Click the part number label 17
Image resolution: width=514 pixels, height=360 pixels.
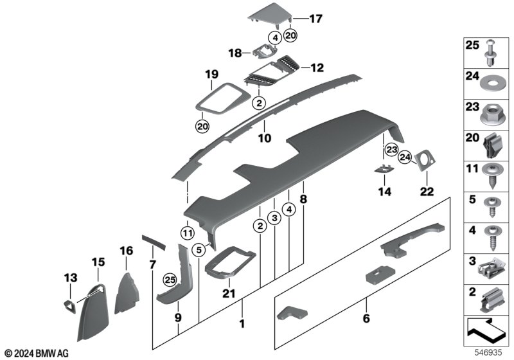click(315, 19)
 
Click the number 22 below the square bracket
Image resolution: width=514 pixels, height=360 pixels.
click(427, 191)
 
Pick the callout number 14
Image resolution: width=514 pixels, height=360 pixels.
click(384, 191)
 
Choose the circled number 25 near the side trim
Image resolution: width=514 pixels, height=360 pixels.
click(170, 280)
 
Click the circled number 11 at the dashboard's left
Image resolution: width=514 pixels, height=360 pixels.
click(187, 233)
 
